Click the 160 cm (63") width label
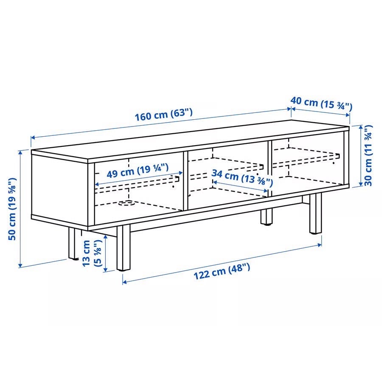tap(163, 115)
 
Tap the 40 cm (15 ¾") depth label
tap(321, 104)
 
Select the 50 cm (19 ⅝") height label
tap(13, 209)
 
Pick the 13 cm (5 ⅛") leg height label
tap(92, 253)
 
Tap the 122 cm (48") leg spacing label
tap(222, 271)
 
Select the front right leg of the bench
tap(315, 213)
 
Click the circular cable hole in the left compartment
tap(126, 202)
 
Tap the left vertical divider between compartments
tap(185, 181)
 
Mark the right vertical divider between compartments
tap(270, 169)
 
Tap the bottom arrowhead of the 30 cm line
tap(361, 183)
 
